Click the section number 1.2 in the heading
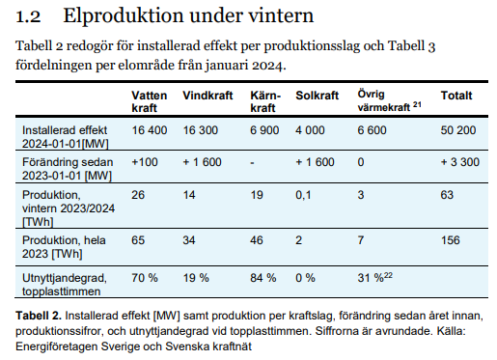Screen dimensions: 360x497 tap(28, 15)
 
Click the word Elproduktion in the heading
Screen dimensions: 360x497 tap(116, 15)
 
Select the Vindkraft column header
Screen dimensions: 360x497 tap(206, 97)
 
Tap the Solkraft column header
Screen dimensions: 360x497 tap(318, 97)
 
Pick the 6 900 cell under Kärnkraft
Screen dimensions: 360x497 tap(265, 128)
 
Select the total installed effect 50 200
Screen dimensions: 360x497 tap(459, 128)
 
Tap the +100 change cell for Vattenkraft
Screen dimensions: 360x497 tap(145, 163)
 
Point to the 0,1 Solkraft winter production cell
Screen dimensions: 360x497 tap(305, 197)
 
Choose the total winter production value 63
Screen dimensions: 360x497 tap(447, 197)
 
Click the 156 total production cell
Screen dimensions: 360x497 tap(451, 238)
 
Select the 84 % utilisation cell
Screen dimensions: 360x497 tap(262, 278)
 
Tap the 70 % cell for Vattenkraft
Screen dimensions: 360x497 tap(145, 278)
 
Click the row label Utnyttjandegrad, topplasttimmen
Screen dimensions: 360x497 tap(64, 284)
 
